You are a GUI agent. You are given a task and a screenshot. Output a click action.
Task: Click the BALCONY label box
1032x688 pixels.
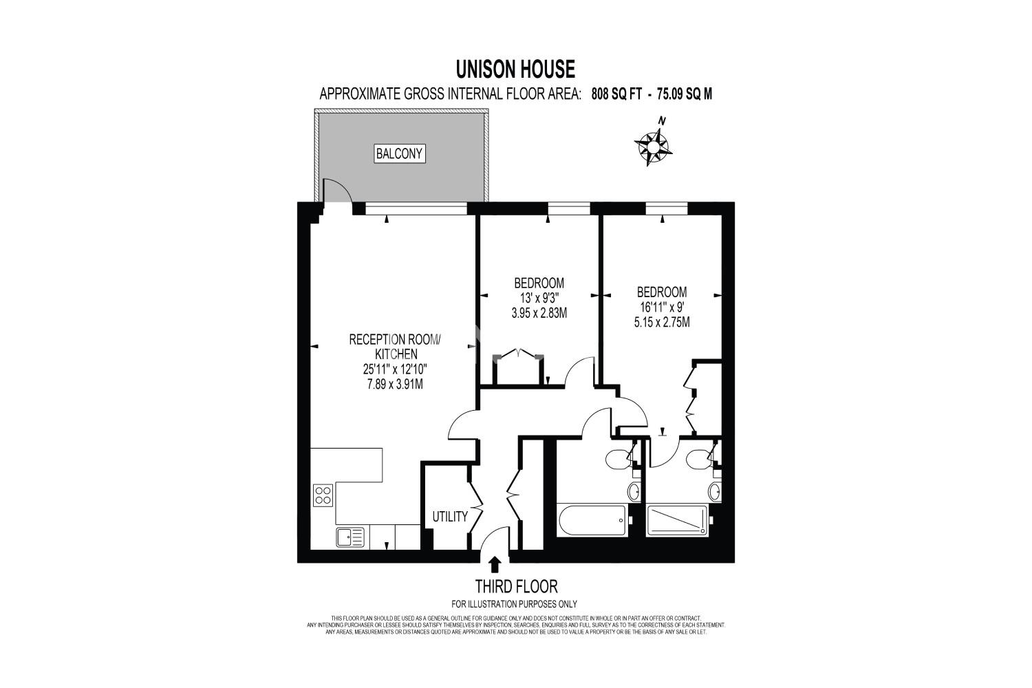[399, 154]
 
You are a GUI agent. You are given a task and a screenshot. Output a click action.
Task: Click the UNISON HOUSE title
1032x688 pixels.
[515, 69]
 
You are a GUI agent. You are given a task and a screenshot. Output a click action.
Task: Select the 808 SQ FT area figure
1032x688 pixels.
[616, 94]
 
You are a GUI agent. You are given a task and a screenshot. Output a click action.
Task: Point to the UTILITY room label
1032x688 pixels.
[450, 517]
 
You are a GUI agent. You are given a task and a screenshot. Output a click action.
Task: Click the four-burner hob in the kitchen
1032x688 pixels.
[323, 495]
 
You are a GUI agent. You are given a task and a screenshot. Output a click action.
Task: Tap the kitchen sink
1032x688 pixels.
[351, 537]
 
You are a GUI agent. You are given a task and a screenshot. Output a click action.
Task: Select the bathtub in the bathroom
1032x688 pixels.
[592, 520]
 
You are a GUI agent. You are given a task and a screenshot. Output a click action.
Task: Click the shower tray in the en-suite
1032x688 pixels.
[677, 520]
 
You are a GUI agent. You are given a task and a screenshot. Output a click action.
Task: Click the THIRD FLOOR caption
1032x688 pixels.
[516, 587]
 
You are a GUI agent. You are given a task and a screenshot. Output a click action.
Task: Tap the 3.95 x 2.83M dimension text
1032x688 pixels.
[539, 313]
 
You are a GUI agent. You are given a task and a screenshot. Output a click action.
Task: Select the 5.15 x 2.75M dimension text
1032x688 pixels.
[662, 323]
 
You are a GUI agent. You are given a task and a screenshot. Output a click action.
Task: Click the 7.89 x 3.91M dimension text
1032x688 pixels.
[395, 384]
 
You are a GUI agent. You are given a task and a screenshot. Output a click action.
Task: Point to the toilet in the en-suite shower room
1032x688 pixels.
[696, 460]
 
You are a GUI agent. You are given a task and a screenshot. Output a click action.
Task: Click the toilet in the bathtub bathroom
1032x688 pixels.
[616, 460]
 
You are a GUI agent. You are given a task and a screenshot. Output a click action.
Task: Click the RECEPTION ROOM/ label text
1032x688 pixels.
[395, 340]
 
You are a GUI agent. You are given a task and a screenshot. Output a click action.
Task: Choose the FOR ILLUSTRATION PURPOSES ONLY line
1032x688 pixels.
[514, 604]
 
